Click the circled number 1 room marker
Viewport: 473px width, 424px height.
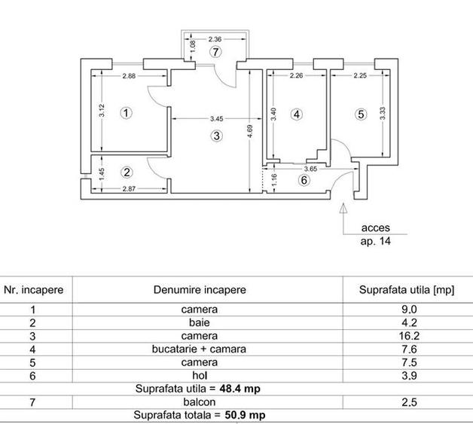pyautogui.click(x=126, y=113)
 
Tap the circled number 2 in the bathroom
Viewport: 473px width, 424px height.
pyautogui.click(x=126, y=171)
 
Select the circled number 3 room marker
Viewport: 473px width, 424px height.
pyautogui.click(x=216, y=136)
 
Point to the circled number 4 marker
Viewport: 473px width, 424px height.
pyautogui.click(x=297, y=114)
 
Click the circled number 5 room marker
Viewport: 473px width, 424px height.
pyautogui.click(x=361, y=114)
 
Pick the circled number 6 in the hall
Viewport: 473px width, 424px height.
pyautogui.click(x=304, y=180)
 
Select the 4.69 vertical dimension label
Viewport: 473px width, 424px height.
pyautogui.click(x=252, y=133)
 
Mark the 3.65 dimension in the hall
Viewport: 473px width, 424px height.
pyautogui.click(x=310, y=169)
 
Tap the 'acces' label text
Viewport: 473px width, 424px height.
pyautogui.click(x=376, y=227)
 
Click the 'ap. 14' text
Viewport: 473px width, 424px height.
pyautogui.click(x=376, y=242)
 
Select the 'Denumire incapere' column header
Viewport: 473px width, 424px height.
pyautogui.click(x=200, y=289)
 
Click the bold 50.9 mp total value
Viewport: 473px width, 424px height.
pyautogui.click(x=244, y=415)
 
